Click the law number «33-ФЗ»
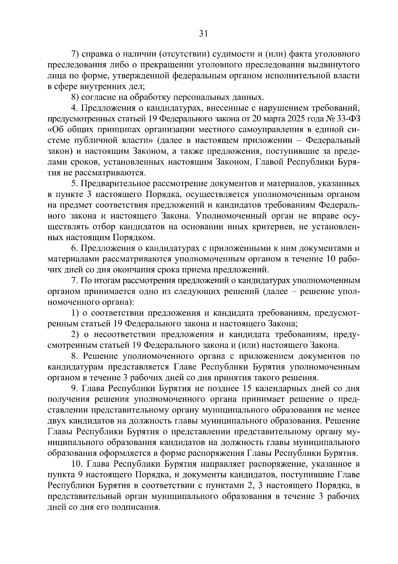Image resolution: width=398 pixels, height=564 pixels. [x=347, y=119]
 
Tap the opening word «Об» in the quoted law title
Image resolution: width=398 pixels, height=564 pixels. [x=54, y=130]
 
